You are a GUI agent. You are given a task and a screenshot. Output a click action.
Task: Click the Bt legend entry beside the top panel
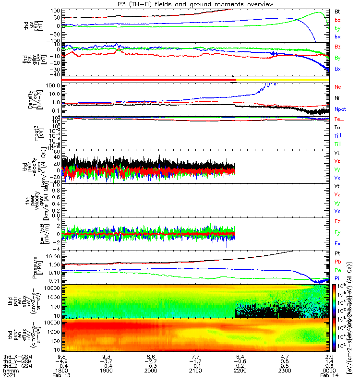(x=337, y=11)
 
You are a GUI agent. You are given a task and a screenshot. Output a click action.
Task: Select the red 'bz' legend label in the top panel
(x=337, y=20)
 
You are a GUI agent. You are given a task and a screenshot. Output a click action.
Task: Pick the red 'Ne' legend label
(x=337, y=87)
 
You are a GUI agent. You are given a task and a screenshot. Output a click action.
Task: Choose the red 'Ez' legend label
(x=337, y=221)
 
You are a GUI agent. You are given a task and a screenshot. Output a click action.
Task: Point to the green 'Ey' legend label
(x=337, y=233)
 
